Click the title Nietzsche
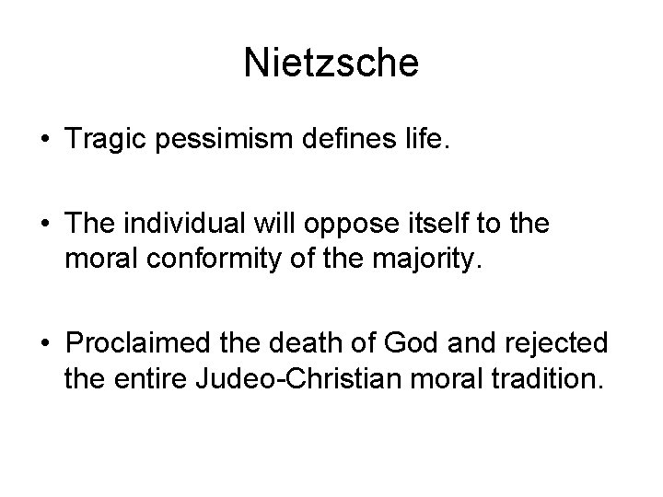click(331, 63)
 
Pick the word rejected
click(562, 342)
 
